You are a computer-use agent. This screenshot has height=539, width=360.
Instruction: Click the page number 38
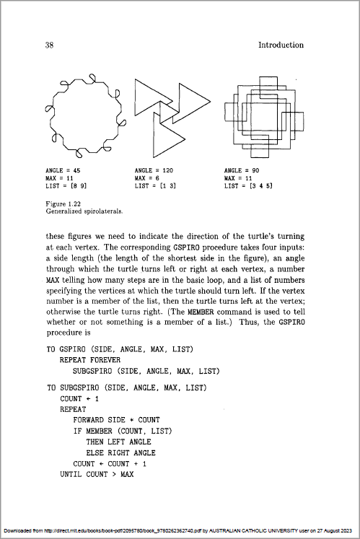(x=49, y=45)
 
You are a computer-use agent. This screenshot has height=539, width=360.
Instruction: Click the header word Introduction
(x=281, y=45)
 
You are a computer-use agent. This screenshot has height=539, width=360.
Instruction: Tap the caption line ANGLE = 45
(x=63, y=170)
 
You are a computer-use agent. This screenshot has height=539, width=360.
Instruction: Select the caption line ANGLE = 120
(x=154, y=170)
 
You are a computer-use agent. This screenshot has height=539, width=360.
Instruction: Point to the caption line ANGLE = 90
(x=242, y=170)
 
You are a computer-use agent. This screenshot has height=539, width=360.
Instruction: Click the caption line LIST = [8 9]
(x=66, y=186)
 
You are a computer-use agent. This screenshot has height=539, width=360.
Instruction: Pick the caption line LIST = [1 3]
(x=155, y=186)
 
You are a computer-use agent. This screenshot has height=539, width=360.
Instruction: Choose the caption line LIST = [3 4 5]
(x=248, y=186)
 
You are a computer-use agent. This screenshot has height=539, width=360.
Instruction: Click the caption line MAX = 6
(x=147, y=178)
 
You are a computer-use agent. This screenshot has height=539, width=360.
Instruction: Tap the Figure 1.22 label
(x=63, y=204)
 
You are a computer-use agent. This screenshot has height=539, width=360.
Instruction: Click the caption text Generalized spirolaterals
(x=84, y=211)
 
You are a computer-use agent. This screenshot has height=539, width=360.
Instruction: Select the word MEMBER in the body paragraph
(x=201, y=312)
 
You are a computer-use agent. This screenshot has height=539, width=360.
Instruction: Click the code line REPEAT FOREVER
(x=90, y=360)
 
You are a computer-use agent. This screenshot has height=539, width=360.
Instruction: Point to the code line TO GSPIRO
(x=120, y=349)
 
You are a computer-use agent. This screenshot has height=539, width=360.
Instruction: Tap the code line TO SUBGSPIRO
(x=127, y=387)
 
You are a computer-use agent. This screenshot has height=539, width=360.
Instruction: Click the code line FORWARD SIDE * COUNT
(x=116, y=420)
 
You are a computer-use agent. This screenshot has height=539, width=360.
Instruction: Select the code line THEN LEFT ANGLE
(x=118, y=442)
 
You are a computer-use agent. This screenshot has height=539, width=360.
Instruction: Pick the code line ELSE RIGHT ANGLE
(x=120, y=452)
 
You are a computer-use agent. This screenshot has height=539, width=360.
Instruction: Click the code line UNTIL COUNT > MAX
(x=97, y=474)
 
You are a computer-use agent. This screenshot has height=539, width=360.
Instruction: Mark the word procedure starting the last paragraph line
(x=69, y=333)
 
